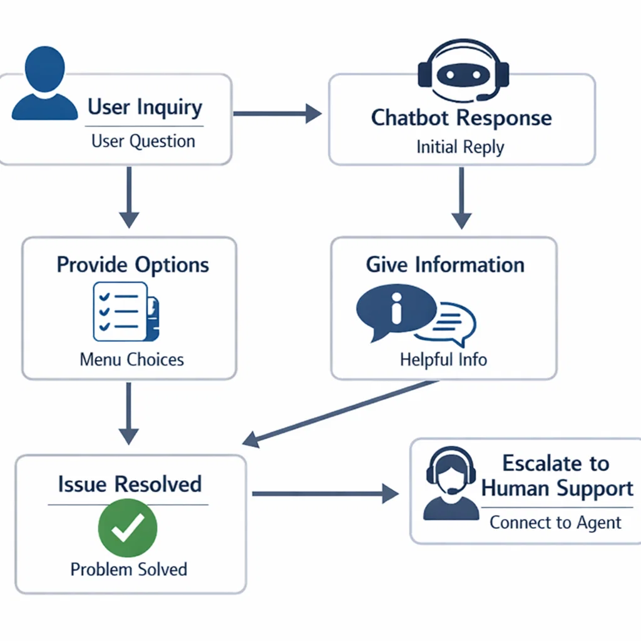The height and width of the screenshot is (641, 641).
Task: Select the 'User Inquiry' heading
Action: [145, 107]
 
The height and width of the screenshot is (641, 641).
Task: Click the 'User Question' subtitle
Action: [143, 141]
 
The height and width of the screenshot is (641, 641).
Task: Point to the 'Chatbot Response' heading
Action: [461, 118]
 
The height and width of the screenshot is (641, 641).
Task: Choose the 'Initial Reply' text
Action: [460, 148]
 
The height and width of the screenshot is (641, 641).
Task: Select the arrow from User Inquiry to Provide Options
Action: [129, 197]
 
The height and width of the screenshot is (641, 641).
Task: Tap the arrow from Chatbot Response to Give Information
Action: [461, 197]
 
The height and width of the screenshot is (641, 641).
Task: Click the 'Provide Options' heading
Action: [133, 264]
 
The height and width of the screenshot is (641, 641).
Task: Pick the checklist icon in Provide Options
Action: [125, 311]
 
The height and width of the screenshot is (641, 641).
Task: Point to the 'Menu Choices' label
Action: [132, 359]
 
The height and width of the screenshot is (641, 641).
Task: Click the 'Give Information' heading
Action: [445, 264]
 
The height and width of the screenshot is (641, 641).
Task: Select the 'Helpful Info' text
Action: [443, 359]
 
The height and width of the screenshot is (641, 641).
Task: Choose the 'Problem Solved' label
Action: [129, 569]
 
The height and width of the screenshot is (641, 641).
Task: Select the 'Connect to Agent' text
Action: [555, 522]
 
